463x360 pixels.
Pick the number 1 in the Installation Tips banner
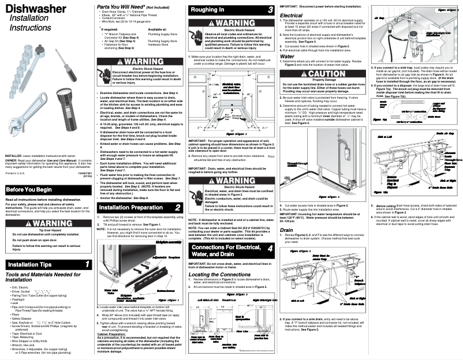coord(87,264)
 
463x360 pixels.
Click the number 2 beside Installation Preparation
coord(178,207)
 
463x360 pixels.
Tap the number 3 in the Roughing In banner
coord(270,10)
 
